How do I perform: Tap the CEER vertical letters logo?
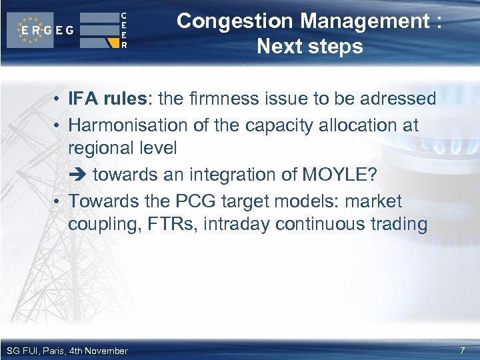coord(123,30)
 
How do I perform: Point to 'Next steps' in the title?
coord(309,47)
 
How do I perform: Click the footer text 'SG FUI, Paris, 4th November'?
coord(67,351)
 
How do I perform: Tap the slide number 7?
coord(463,351)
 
